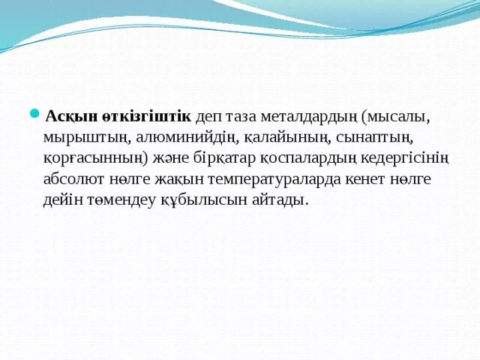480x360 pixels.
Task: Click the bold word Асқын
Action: pos(68,118)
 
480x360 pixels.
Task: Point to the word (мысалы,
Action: pos(394,118)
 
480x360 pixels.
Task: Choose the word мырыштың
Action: pos(88,139)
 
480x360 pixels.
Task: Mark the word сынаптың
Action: pos(370,139)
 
